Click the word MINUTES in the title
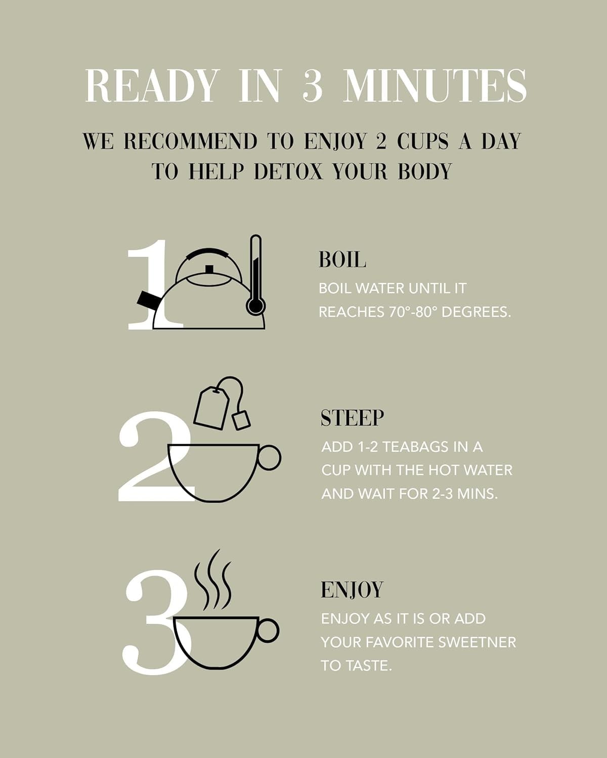tap(435, 85)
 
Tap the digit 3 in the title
tap(313, 85)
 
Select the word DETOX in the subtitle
tap(288, 171)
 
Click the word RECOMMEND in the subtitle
tap(191, 141)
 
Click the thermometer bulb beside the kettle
tap(255, 306)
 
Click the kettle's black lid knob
tap(209, 269)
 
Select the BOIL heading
tap(342, 260)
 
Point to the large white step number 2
tap(156, 456)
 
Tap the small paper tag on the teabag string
tap(241, 420)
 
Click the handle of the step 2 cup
tap(270, 457)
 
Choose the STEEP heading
tap(352, 418)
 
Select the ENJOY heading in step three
tap(352, 590)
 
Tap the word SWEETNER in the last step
tap(477, 642)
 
